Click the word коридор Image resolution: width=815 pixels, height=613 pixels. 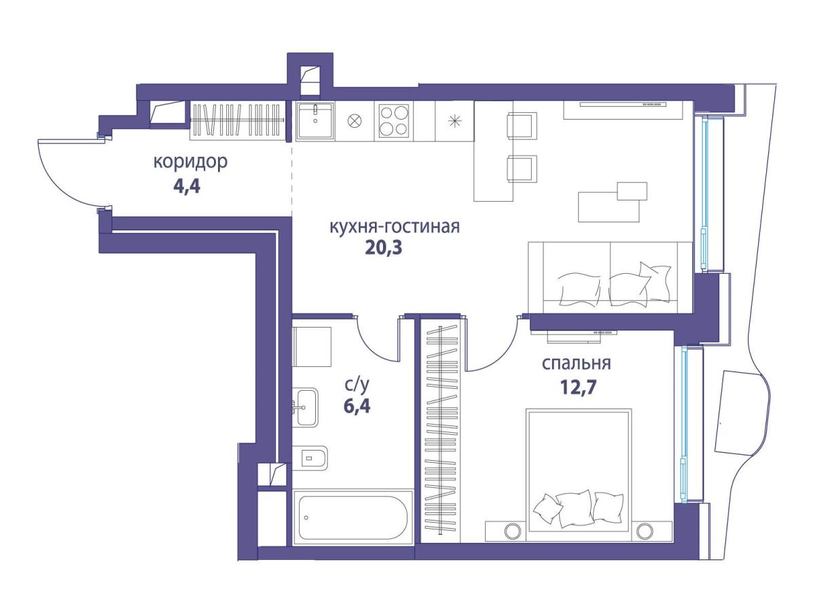click(x=190, y=162)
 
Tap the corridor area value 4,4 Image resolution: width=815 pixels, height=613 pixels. click(x=187, y=186)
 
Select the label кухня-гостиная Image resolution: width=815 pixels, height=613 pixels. click(x=395, y=226)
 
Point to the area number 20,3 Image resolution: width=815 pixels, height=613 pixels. click(x=384, y=248)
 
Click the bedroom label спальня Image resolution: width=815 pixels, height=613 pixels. click(x=576, y=364)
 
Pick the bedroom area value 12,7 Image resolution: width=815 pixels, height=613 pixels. click(x=578, y=388)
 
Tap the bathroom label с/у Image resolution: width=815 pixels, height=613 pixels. click(x=357, y=385)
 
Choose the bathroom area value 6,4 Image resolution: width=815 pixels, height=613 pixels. click(x=357, y=407)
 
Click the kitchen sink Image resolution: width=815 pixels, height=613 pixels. click(x=315, y=121)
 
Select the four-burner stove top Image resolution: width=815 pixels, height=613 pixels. click(x=393, y=120)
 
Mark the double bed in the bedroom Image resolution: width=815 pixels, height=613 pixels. click(x=579, y=475)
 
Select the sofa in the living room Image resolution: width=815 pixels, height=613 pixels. click(x=610, y=277)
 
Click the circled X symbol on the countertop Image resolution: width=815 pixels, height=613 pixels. click(x=352, y=121)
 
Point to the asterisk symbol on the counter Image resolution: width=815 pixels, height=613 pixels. click(x=454, y=121)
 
